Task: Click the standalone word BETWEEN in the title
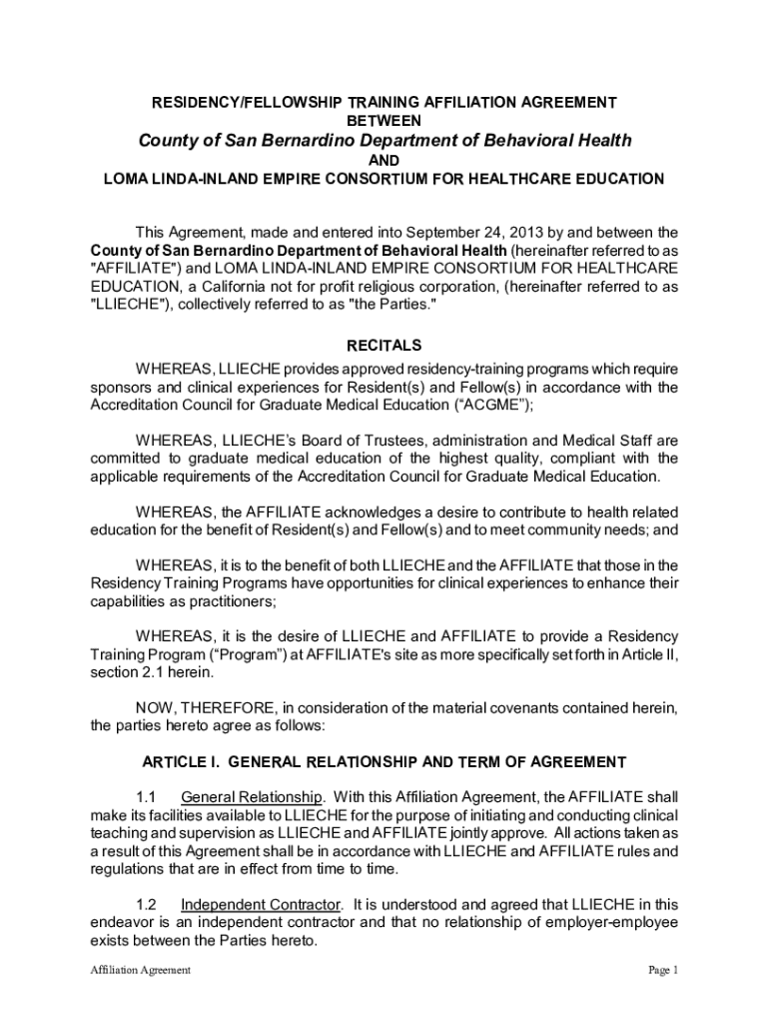tap(384, 120)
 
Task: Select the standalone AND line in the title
tap(384, 162)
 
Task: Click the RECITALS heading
tap(384, 347)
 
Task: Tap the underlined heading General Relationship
tap(252, 797)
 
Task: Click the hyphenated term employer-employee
tap(604, 922)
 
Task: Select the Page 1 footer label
tap(663, 970)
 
